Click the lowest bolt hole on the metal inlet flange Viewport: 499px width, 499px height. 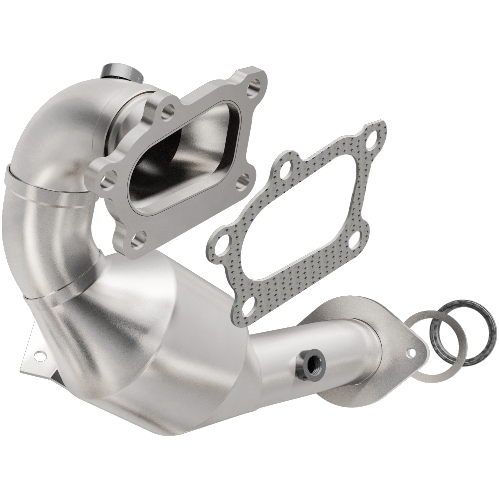tap(138, 238)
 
